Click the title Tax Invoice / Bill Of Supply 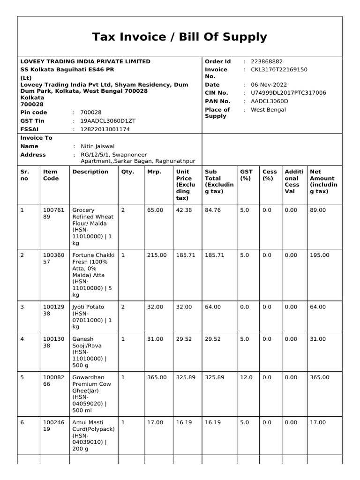[180, 37]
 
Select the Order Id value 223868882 [267, 61]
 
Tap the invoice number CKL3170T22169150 [279, 69]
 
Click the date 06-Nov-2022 [269, 85]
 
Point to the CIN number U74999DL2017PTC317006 [288, 93]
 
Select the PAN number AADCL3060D [270, 101]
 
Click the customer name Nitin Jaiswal [97, 146]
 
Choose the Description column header [90, 172]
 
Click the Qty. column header [127, 172]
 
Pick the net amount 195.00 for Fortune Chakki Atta [319, 255]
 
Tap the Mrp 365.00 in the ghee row [157, 377]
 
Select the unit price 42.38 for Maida [184, 210]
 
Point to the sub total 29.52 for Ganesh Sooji [213, 339]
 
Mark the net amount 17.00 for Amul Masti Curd [317, 422]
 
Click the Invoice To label [37, 138]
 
